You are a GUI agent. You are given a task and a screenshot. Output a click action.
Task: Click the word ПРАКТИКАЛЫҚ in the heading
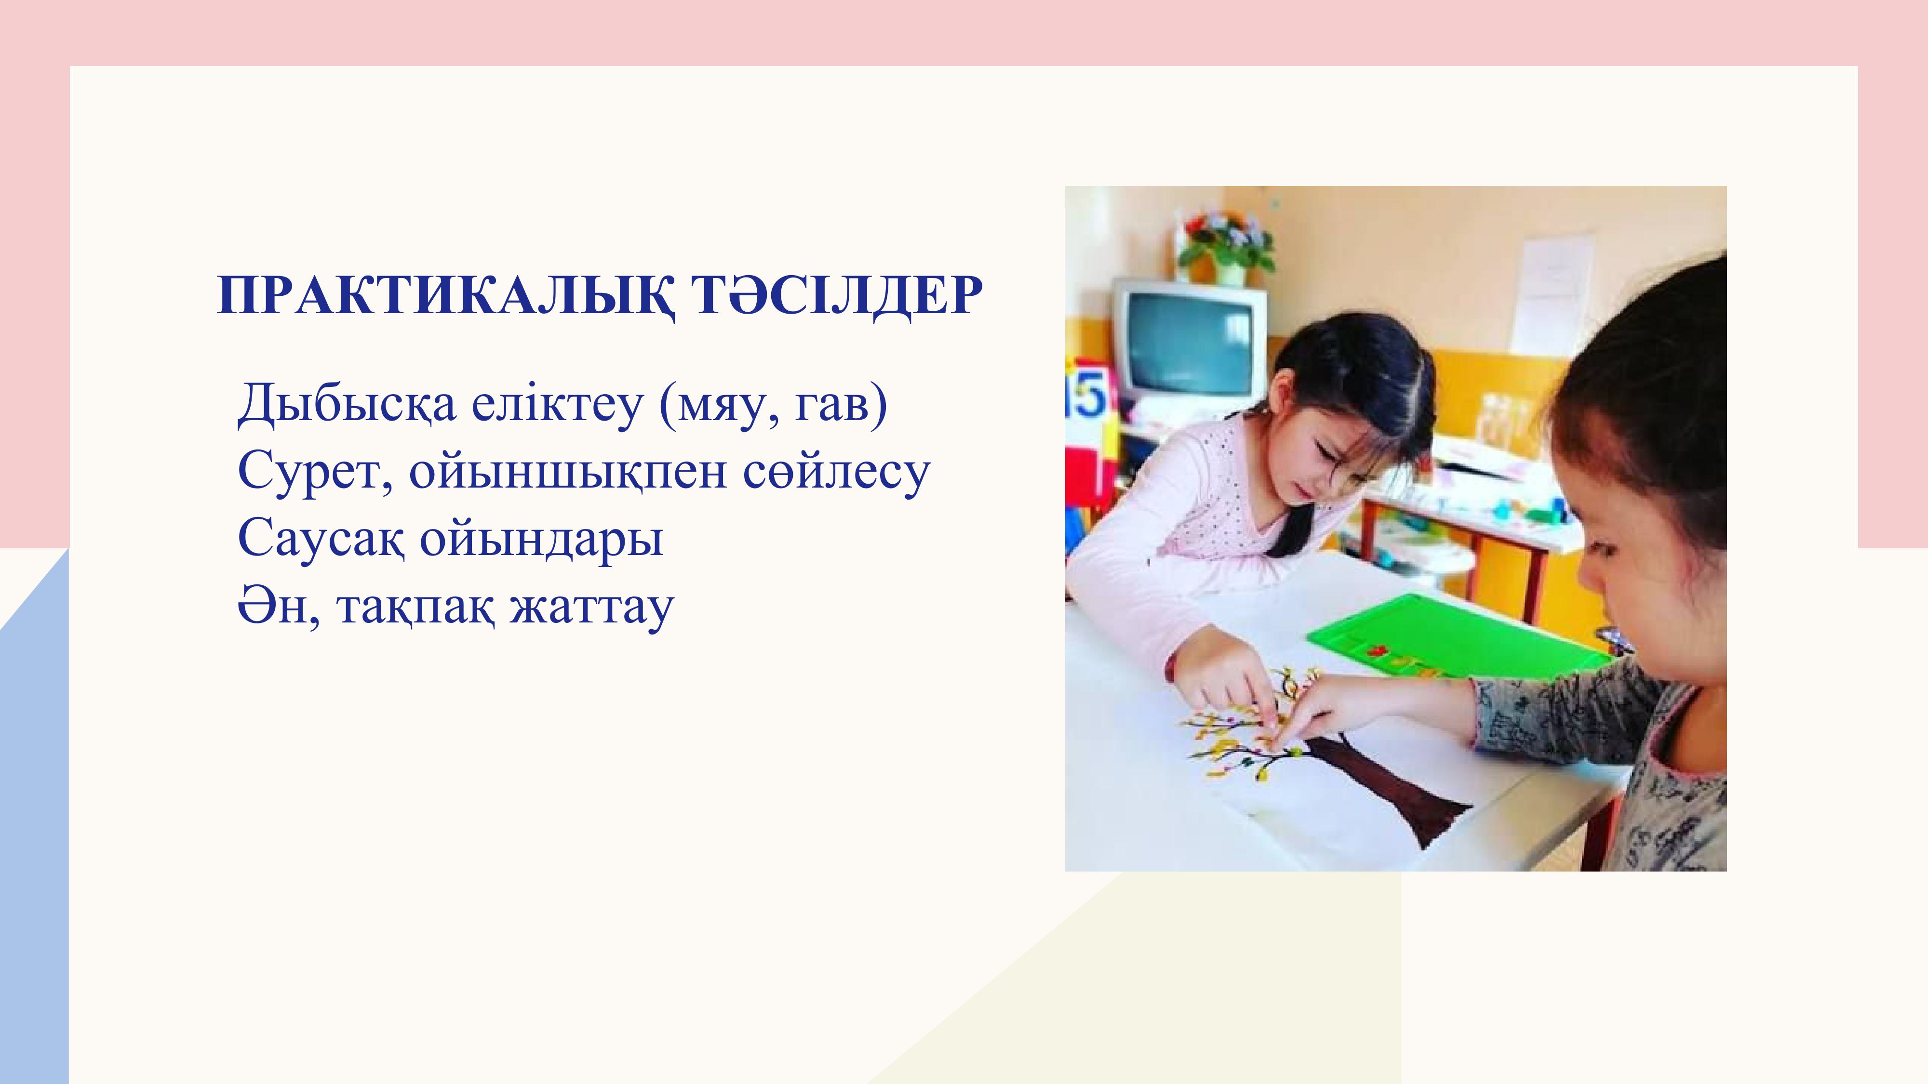click(446, 296)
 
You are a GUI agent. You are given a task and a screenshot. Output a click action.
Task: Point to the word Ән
click(279, 607)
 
